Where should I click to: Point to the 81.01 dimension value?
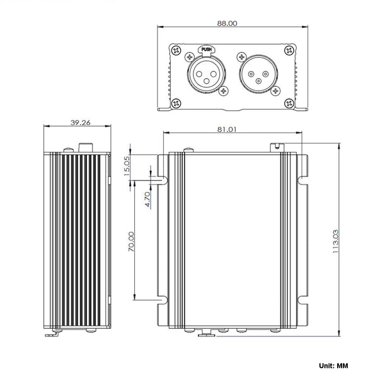[x=226, y=129]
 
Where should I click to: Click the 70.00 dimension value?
[x=131, y=240]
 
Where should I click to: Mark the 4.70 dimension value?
[x=146, y=199]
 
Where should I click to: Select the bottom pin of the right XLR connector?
[x=258, y=81]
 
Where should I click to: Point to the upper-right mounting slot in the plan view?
[x=304, y=180]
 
